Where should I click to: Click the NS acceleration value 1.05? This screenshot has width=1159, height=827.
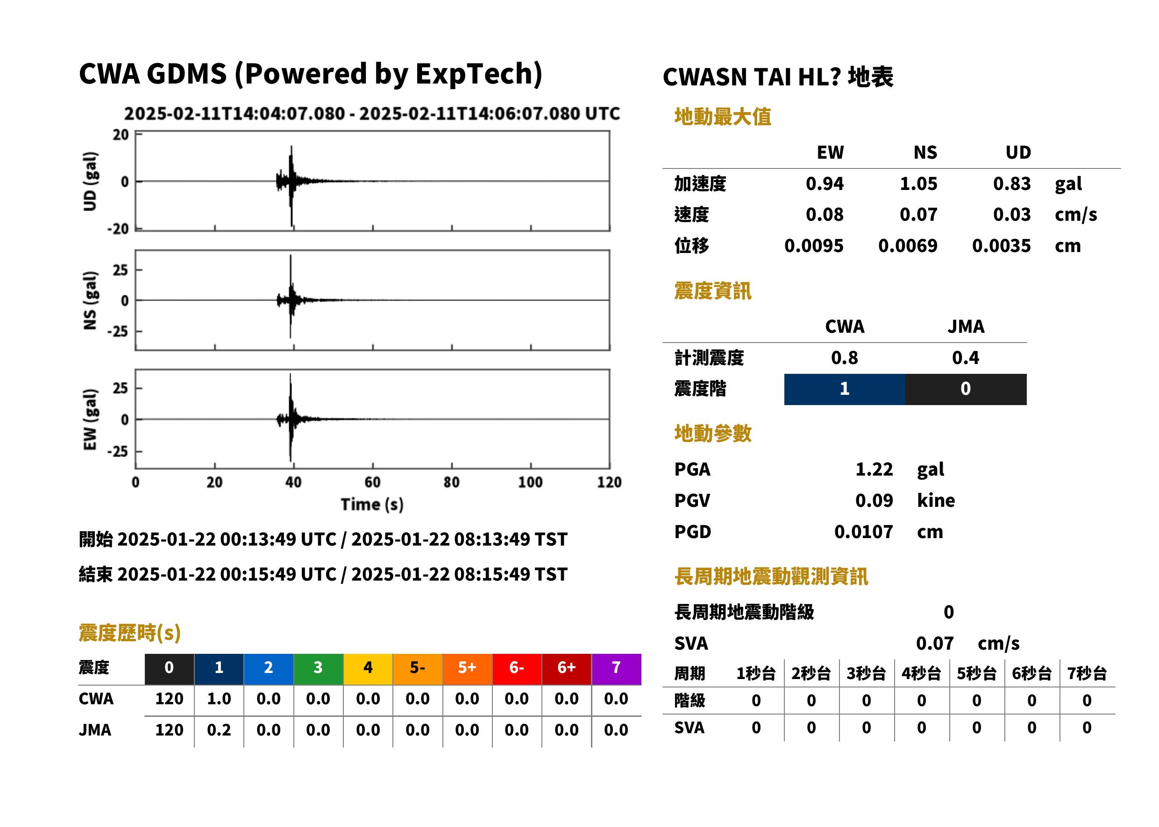(918, 183)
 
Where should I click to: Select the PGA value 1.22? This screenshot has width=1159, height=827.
(874, 469)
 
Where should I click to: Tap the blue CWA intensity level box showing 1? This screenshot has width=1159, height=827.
(845, 389)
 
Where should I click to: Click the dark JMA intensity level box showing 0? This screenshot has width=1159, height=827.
(966, 389)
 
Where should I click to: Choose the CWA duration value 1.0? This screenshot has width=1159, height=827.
(219, 699)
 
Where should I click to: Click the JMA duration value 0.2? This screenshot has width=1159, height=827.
(219, 730)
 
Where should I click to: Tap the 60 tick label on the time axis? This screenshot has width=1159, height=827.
(373, 482)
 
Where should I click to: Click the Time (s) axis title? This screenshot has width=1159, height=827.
(373, 505)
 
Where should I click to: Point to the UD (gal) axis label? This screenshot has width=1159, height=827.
(90, 181)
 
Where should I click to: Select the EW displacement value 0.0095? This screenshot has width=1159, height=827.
(814, 245)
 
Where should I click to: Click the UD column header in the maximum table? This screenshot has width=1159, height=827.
(1018, 152)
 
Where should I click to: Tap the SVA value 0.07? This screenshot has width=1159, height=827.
(935, 643)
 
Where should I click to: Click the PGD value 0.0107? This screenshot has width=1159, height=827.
(864, 532)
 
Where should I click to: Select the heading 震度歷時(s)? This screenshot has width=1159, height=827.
(130, 632)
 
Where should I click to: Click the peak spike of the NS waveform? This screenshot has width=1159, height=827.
(291, 256)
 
